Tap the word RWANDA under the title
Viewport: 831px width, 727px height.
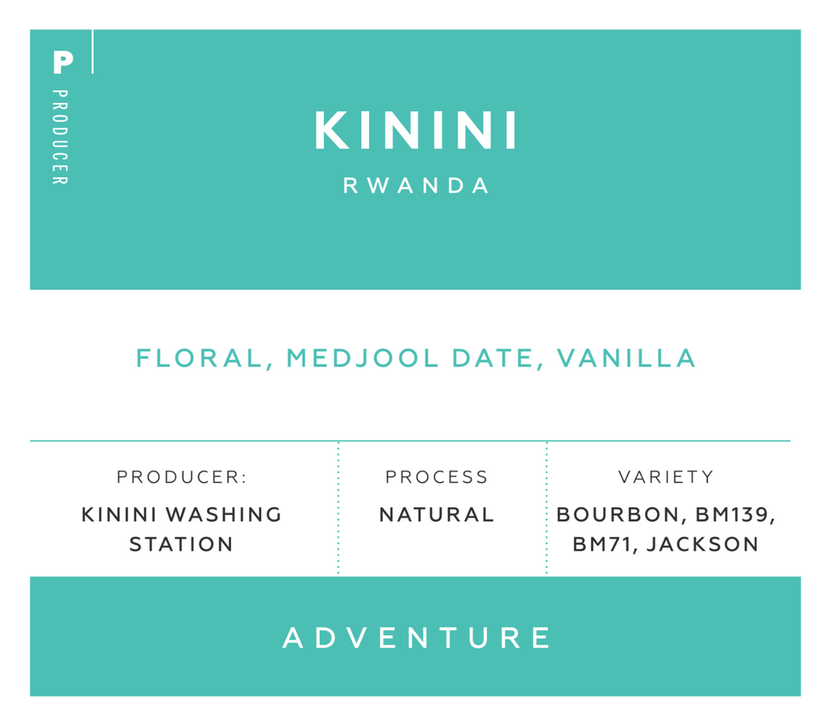coord(416,186)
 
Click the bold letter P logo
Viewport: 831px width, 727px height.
coord(62,62)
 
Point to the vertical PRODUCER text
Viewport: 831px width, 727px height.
coord(60,137)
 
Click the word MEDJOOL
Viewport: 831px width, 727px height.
coord(363,358)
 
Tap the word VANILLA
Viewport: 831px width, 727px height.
coord(626,358)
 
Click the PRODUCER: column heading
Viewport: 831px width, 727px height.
coord(182,477)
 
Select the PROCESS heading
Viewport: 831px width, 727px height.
coord(436,477)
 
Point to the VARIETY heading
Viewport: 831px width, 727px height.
coord(666,477)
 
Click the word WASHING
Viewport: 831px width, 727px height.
coord(224,514)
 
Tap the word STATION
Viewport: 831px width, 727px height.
coord(181,544)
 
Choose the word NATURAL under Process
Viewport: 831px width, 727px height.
coord(437,514)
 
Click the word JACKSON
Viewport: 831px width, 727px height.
coord(703,544)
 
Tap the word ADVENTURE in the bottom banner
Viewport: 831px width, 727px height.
coord(416,638)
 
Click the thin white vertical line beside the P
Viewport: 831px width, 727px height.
coord(93,51)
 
